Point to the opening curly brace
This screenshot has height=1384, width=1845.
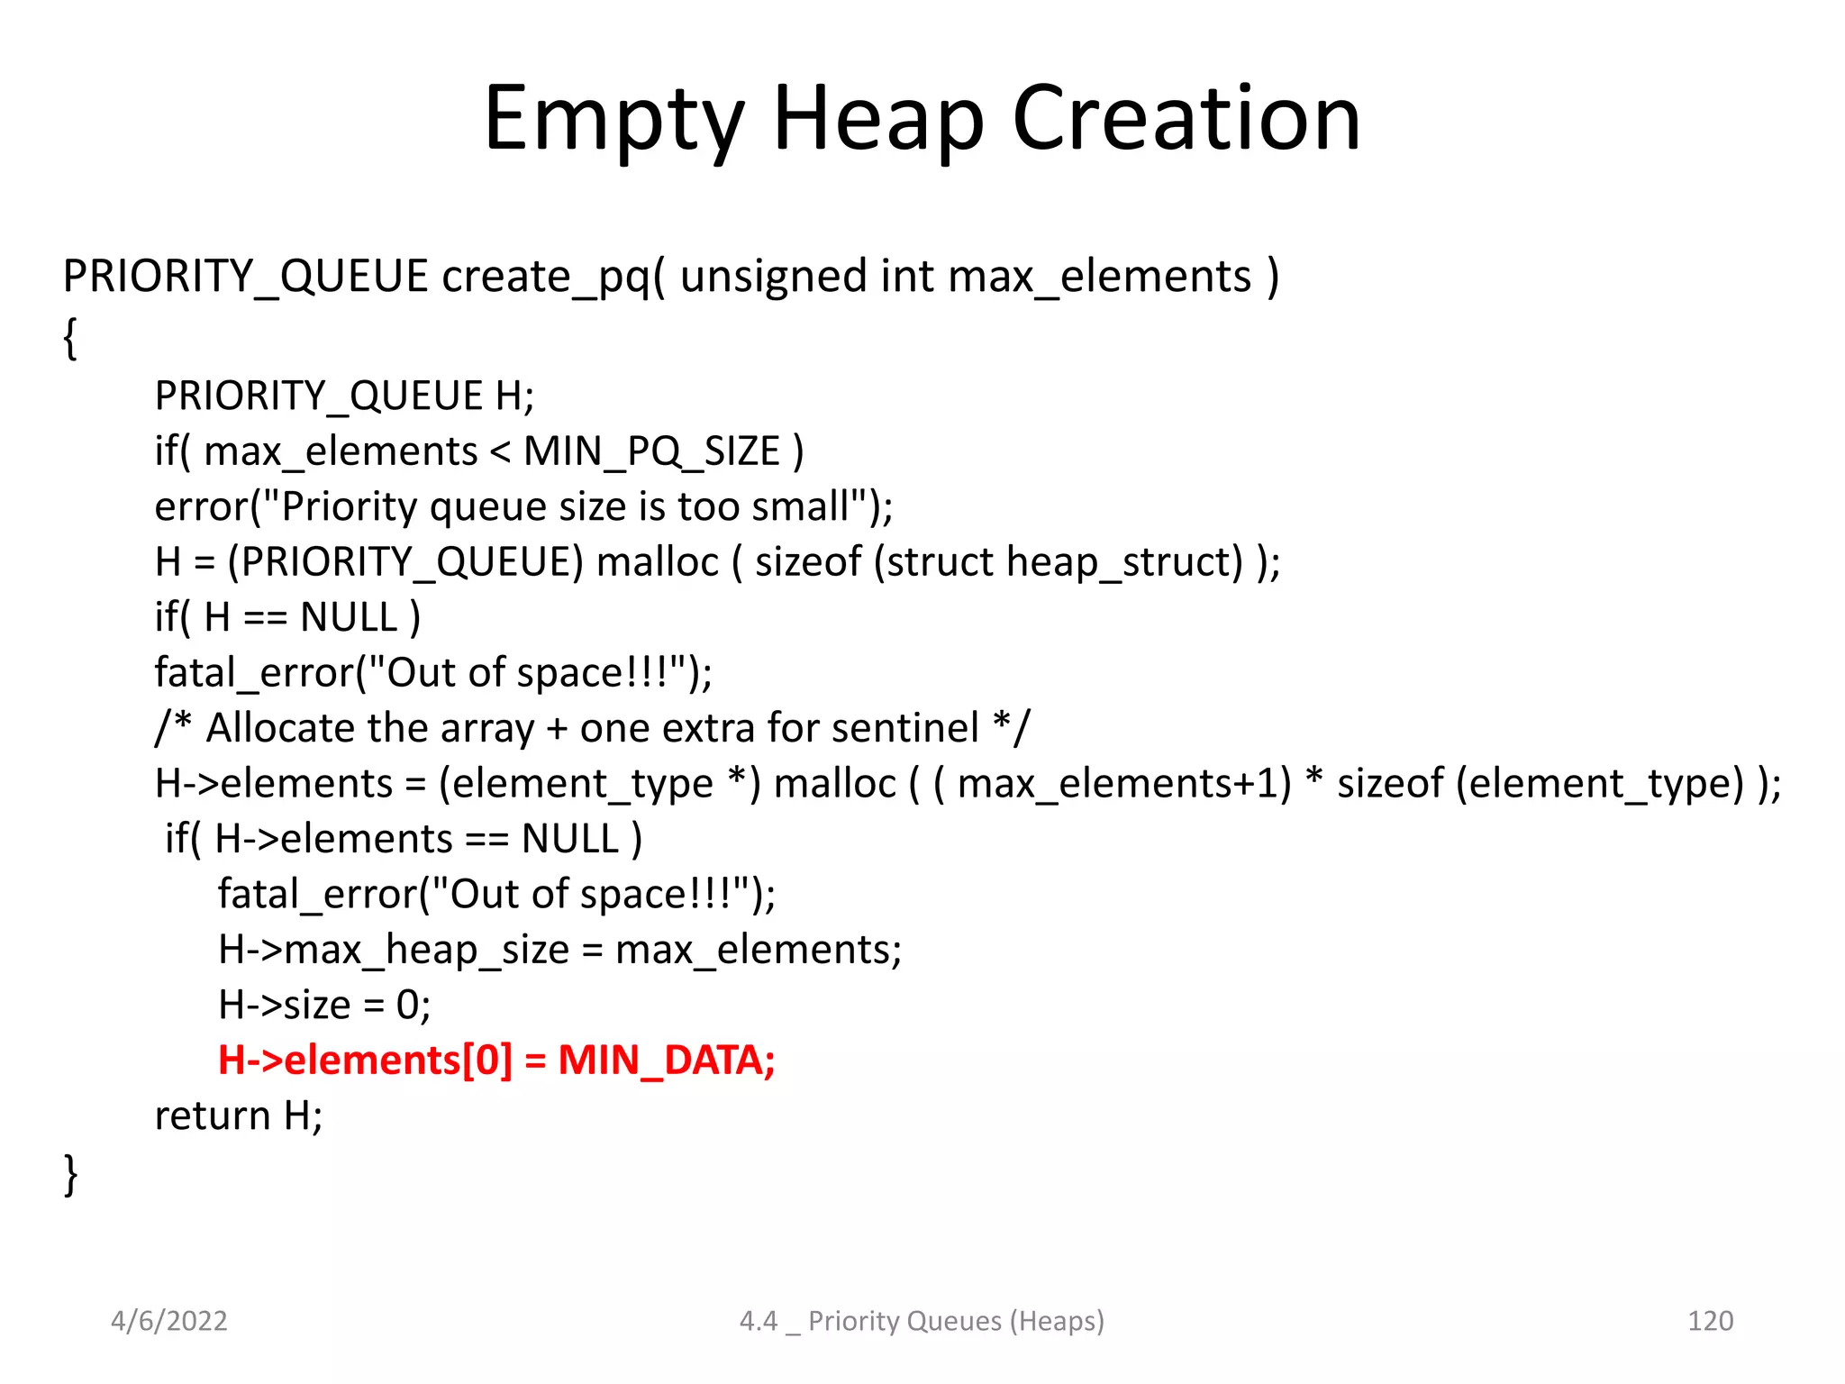click(x=70, y=339)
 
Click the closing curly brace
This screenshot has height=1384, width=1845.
click(x=70, y=1174)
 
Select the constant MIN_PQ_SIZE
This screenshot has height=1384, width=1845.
click(x=651, y=451)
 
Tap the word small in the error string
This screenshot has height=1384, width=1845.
click(x=801, y=506)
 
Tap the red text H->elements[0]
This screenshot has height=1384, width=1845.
click(x=365, y=1061)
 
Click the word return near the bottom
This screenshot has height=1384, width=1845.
click(x=213, y=1116)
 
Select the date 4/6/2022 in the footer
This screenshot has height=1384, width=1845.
click(x=168, y=1321)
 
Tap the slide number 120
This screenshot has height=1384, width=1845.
click(x=1709, y=1321)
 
